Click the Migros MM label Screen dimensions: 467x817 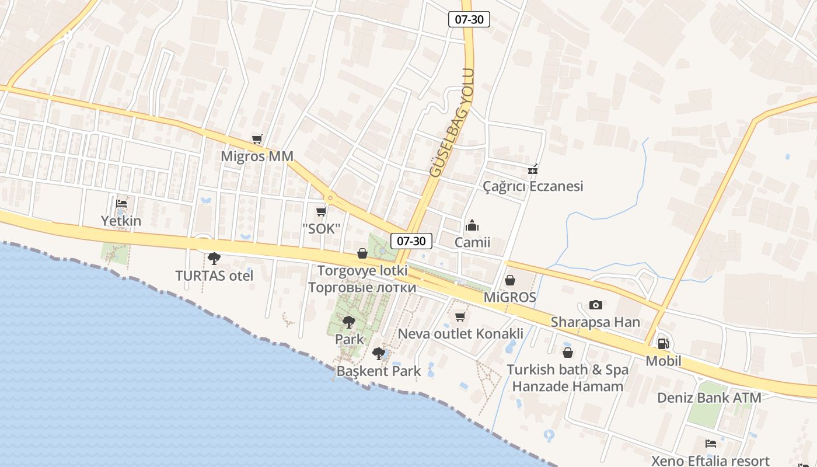(257, 156)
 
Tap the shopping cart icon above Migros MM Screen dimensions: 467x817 (257, 139)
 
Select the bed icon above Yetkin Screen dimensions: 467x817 (121, 204)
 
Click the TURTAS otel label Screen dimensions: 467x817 (214, 276)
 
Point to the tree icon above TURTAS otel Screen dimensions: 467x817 (214, 258)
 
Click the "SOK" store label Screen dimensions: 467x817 (321, 229)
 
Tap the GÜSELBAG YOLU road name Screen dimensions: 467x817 (452, 123)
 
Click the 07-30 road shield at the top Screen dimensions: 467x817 (469, 19)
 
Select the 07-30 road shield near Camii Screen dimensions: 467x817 (411, 241)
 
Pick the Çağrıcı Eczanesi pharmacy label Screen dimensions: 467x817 (533, 186)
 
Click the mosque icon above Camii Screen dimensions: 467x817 (472, 225)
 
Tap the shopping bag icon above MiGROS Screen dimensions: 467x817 (510, 280)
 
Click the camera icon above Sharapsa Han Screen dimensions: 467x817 (595, 305)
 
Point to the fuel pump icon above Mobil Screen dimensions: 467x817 (663, 344)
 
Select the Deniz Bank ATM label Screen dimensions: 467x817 (709, 398)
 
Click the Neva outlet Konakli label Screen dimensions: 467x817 (460, 334)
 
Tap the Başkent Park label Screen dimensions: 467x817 (379, 371)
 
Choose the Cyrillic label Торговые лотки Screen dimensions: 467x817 (362, 287)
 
